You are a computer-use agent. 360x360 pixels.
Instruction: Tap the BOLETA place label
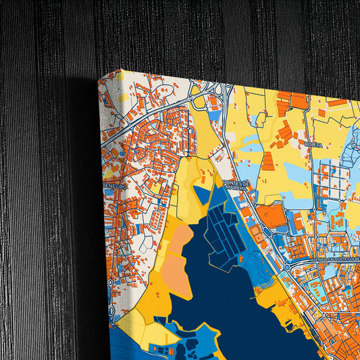pos(313,145)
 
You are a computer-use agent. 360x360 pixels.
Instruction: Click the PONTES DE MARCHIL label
pos(236,186)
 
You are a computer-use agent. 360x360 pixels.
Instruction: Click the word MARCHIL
pos(237,189)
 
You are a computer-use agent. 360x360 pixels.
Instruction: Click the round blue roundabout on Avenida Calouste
pos(288,266)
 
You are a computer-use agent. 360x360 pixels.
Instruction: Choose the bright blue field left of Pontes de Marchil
pos(203,195)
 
